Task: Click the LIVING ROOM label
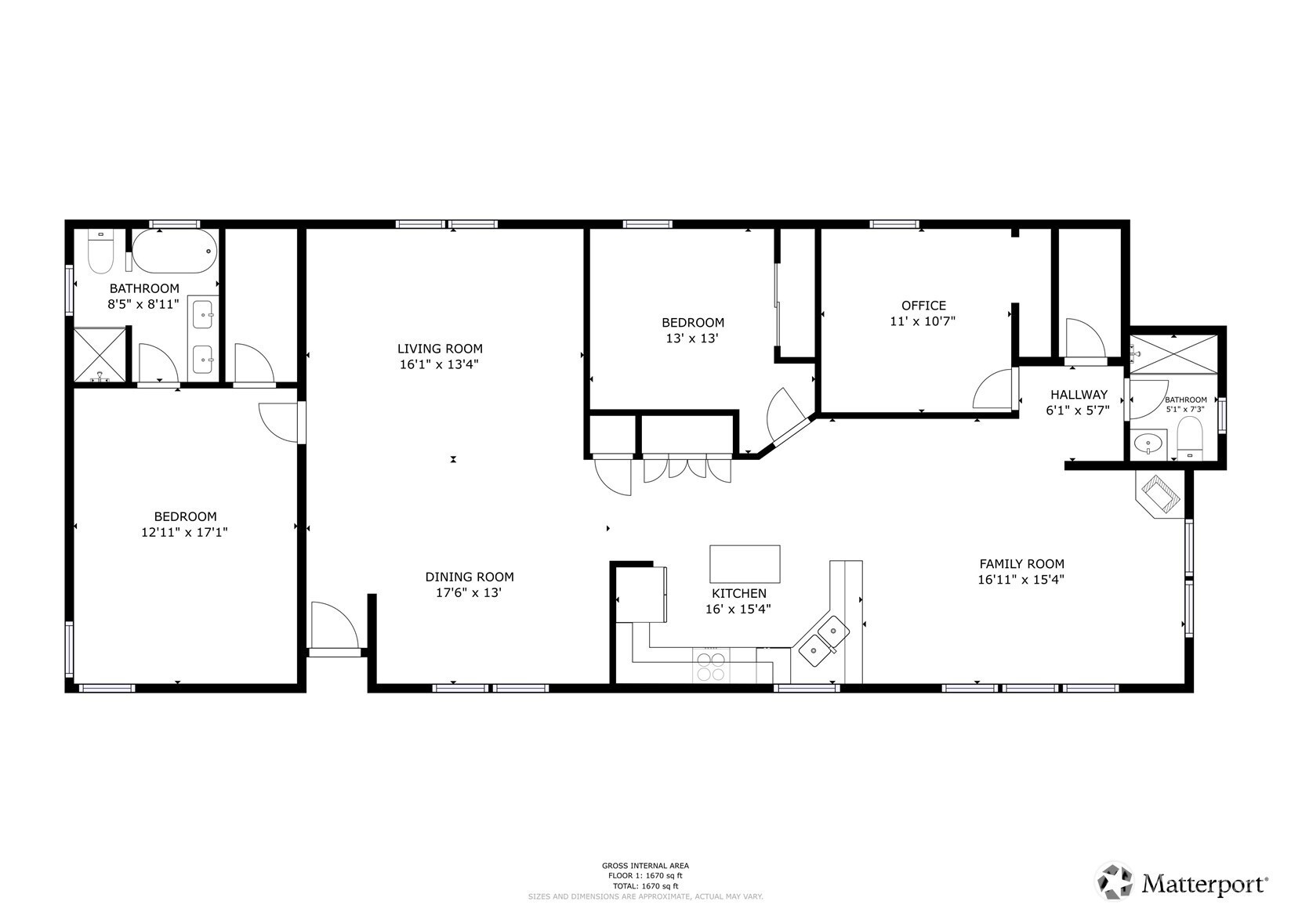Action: [x=440, y=349]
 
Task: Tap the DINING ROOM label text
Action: [x=470, y=577]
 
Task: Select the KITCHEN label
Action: [x=739, y=593]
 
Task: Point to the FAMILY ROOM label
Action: [x=1022, y=564]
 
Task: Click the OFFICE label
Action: [x=924, y=306]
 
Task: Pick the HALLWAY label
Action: [x=1079, y=395]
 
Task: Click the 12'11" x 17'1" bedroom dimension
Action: [x=184, y=532]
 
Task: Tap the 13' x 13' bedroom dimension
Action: [x=692, y=338]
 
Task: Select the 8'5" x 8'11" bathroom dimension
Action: [x=143, y=304]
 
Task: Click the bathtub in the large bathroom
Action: [x=175, y=252]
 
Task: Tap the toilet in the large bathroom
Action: [x=100, y=252]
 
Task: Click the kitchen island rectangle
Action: [x=745, y=564]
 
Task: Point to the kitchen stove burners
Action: [x=711, y=668]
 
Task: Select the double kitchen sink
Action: [x=824, y=641]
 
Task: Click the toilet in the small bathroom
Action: [x=1189, y=438]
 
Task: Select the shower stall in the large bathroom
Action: [x=99, y=354]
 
